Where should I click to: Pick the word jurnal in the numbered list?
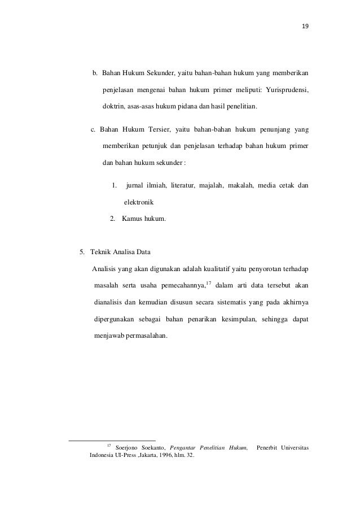point(136,185)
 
